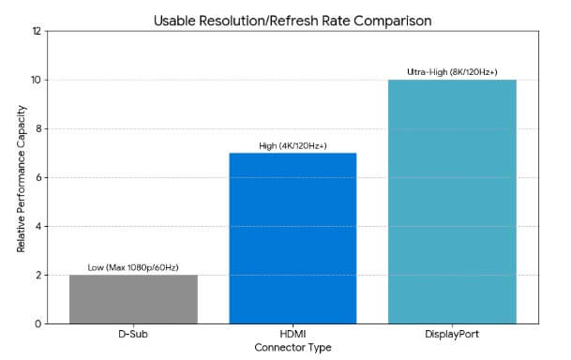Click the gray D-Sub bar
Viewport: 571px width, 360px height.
tap(133, 299)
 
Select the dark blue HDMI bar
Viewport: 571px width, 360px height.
tap(293, 238)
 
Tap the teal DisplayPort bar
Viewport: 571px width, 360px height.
tap(452, 202)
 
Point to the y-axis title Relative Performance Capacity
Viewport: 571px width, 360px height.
tap(20, 178)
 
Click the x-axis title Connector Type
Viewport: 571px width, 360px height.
tap(293, 348)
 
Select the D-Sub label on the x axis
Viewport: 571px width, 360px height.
tap(133, 335)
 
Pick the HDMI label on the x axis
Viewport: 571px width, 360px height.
tap(293, 335)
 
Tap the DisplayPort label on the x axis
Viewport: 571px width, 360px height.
tap(452, 335)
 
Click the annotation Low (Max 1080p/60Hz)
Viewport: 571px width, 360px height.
tap(133, 266)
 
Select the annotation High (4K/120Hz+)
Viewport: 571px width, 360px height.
tap(293, 145)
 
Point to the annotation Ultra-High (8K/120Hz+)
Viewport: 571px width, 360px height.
tap(452, 71)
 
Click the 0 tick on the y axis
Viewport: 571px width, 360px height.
tap(37, 324)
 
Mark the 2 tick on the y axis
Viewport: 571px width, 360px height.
tap(37, 276)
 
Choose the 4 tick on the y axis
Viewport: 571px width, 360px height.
tap(37, 227)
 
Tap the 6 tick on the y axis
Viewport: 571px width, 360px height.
tap(37, 178)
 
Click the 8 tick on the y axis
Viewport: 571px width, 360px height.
tap(37, 129)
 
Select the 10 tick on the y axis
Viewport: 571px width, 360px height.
tap(36, 81)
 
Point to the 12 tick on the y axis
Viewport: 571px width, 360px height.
tap(36, 32)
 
